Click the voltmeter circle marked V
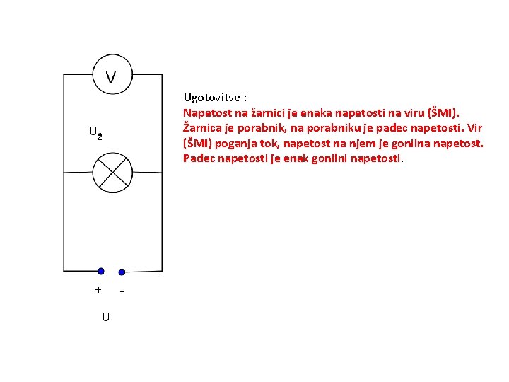point(112,75)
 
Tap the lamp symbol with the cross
point(112,172)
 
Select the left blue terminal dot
point(101,271)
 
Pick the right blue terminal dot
point(122,272)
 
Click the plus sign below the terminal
point(98,289)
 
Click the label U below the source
point(105,317)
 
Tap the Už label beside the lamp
point(95,132)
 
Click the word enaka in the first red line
point(312,112)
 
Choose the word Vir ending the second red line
point(475,128)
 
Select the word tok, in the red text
point(269,144)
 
